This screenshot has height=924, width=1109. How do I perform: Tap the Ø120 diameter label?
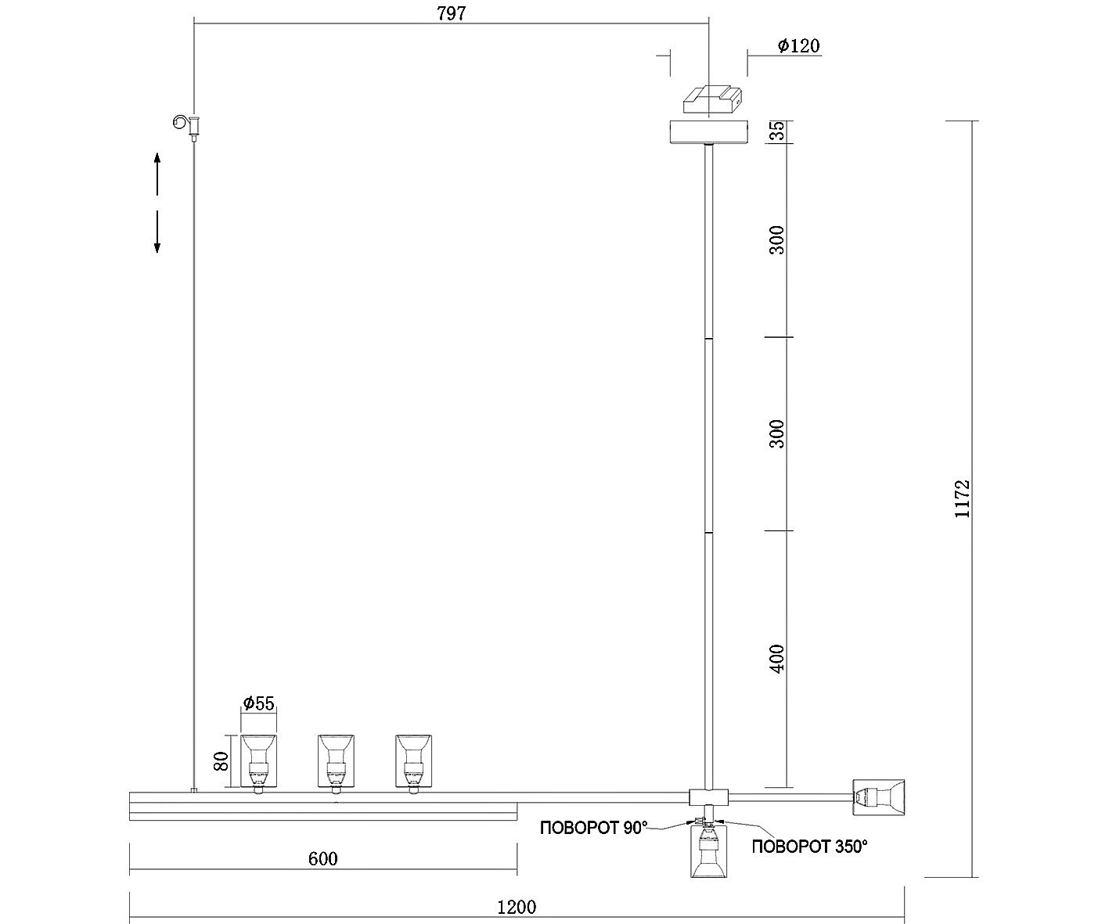(798, 46)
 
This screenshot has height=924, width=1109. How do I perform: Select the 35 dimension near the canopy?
(776, 131)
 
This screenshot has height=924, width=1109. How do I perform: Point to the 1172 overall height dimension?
(962, 498)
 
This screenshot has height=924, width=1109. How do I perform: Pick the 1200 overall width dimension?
(517, 908)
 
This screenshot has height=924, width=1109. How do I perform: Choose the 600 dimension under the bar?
(322, 859)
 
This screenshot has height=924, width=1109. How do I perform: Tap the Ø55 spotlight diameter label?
(259, 703)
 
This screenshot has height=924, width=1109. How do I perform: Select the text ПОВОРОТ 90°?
(594, 829)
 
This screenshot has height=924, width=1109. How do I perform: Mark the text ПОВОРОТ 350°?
(810, 847)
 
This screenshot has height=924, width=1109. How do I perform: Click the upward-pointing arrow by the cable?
(157, 172)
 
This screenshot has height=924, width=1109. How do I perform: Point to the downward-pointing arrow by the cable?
(157, 232)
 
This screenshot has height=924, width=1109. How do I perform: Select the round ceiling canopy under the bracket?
(709, 132)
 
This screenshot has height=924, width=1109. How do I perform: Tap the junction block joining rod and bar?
(708, 797)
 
